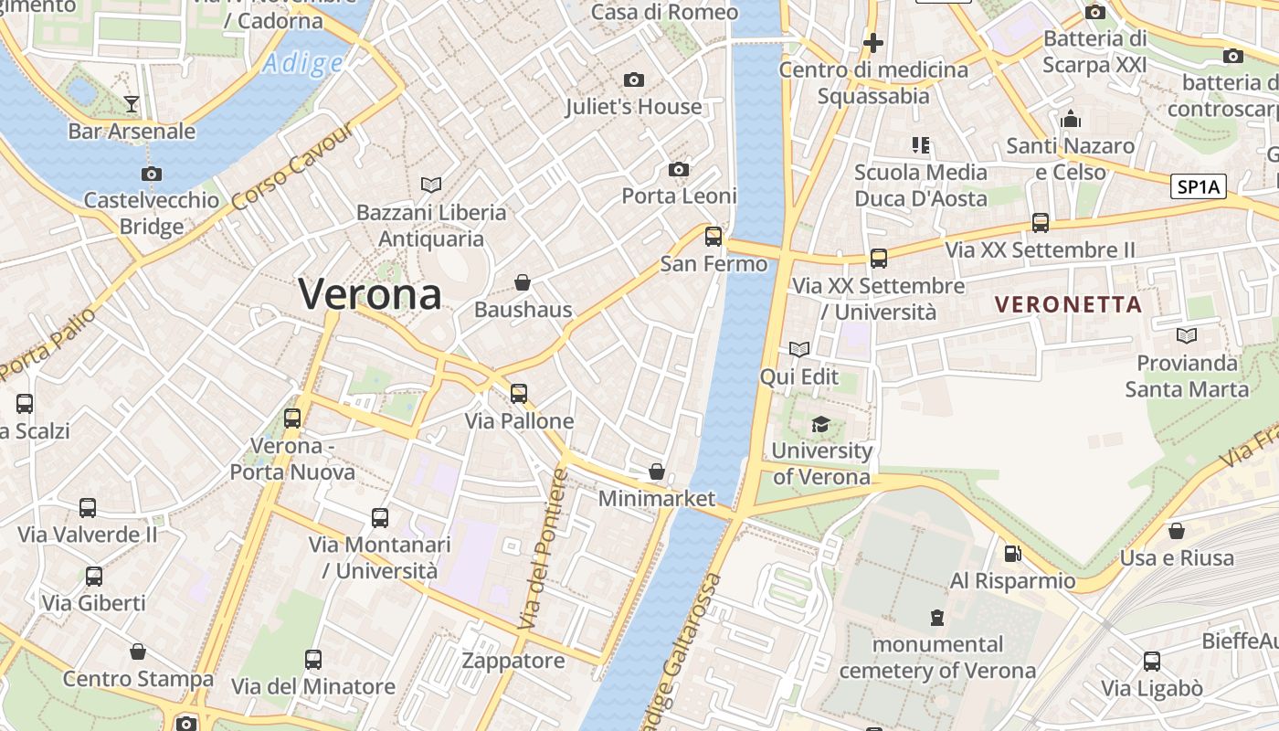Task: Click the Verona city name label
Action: [370, 294]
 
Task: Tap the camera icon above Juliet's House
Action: [633, 80]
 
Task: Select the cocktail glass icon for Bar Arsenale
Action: [132, 103]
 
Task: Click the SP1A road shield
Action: [1198, 186]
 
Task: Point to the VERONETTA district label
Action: [1068, 304]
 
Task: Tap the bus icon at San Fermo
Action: [713, 237]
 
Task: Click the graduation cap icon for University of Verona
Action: [820, 424]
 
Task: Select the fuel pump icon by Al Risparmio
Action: [1012, 553]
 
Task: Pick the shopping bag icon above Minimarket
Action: [656, 471]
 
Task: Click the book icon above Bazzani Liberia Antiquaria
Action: [431, 185]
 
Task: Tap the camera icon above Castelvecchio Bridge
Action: [152, 174]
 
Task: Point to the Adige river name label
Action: [302, 63]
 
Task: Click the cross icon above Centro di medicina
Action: [872, 42]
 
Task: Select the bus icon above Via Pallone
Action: [519, 393]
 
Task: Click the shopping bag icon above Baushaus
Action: [523, 282]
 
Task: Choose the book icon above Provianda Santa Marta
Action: [1186, 335]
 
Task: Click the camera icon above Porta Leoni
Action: [678, 169]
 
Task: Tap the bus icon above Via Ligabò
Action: [1151, 661]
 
